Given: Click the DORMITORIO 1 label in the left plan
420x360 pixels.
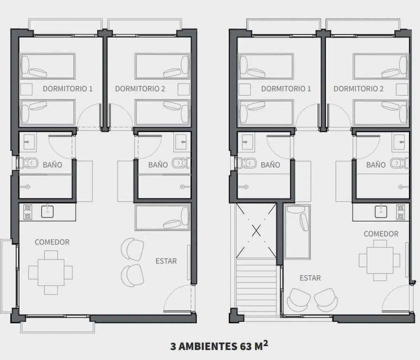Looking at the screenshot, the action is click(68, 89).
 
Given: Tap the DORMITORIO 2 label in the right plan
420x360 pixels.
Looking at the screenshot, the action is click(358, 89).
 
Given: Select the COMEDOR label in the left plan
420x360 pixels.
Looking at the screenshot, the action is click(52, 242).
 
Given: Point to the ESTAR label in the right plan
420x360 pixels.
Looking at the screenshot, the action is click(310, 278).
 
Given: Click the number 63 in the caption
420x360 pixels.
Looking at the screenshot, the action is click(246, 346).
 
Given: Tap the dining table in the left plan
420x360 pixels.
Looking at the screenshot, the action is click(50, 273).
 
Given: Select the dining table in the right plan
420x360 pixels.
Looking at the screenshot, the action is click(379, 260).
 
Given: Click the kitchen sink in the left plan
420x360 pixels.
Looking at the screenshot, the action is click(47, 212).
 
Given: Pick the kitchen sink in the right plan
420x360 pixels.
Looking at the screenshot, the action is click(381, 212).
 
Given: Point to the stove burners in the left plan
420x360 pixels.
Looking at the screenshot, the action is click(28, 212).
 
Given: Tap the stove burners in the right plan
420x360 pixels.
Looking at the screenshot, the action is click(400, 212).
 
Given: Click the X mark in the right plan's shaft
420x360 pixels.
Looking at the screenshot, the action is click(256, 231).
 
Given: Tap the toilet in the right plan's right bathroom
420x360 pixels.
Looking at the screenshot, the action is click(399, 163).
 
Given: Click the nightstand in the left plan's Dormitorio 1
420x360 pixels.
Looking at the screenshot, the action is click(26, 90).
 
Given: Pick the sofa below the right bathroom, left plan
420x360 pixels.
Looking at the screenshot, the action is click(162, 218).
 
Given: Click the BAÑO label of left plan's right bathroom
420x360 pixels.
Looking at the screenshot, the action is click(158, 165).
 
